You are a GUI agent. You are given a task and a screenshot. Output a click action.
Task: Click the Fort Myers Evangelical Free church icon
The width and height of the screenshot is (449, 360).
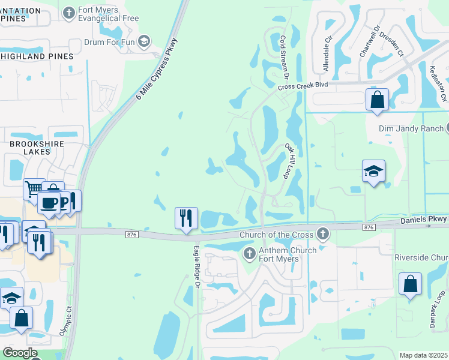[70, 12]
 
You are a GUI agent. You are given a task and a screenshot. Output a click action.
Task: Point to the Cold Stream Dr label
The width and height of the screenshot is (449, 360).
[285, 57]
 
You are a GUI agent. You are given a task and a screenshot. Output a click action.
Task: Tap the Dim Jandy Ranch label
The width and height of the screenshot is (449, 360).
[411, 128]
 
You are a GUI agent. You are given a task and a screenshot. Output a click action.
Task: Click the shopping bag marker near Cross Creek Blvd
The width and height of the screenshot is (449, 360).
[377, 100]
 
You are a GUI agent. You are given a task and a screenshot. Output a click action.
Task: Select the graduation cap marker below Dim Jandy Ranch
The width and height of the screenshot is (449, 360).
[373, 172]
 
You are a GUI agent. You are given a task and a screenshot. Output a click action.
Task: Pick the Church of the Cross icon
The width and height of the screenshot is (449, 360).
[323, 233]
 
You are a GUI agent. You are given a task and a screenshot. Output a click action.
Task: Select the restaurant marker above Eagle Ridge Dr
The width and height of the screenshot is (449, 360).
[186, 218]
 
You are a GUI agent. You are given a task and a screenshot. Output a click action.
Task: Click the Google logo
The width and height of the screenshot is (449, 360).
[19, 353]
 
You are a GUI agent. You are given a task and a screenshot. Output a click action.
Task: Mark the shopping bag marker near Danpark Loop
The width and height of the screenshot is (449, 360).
[410, 284]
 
